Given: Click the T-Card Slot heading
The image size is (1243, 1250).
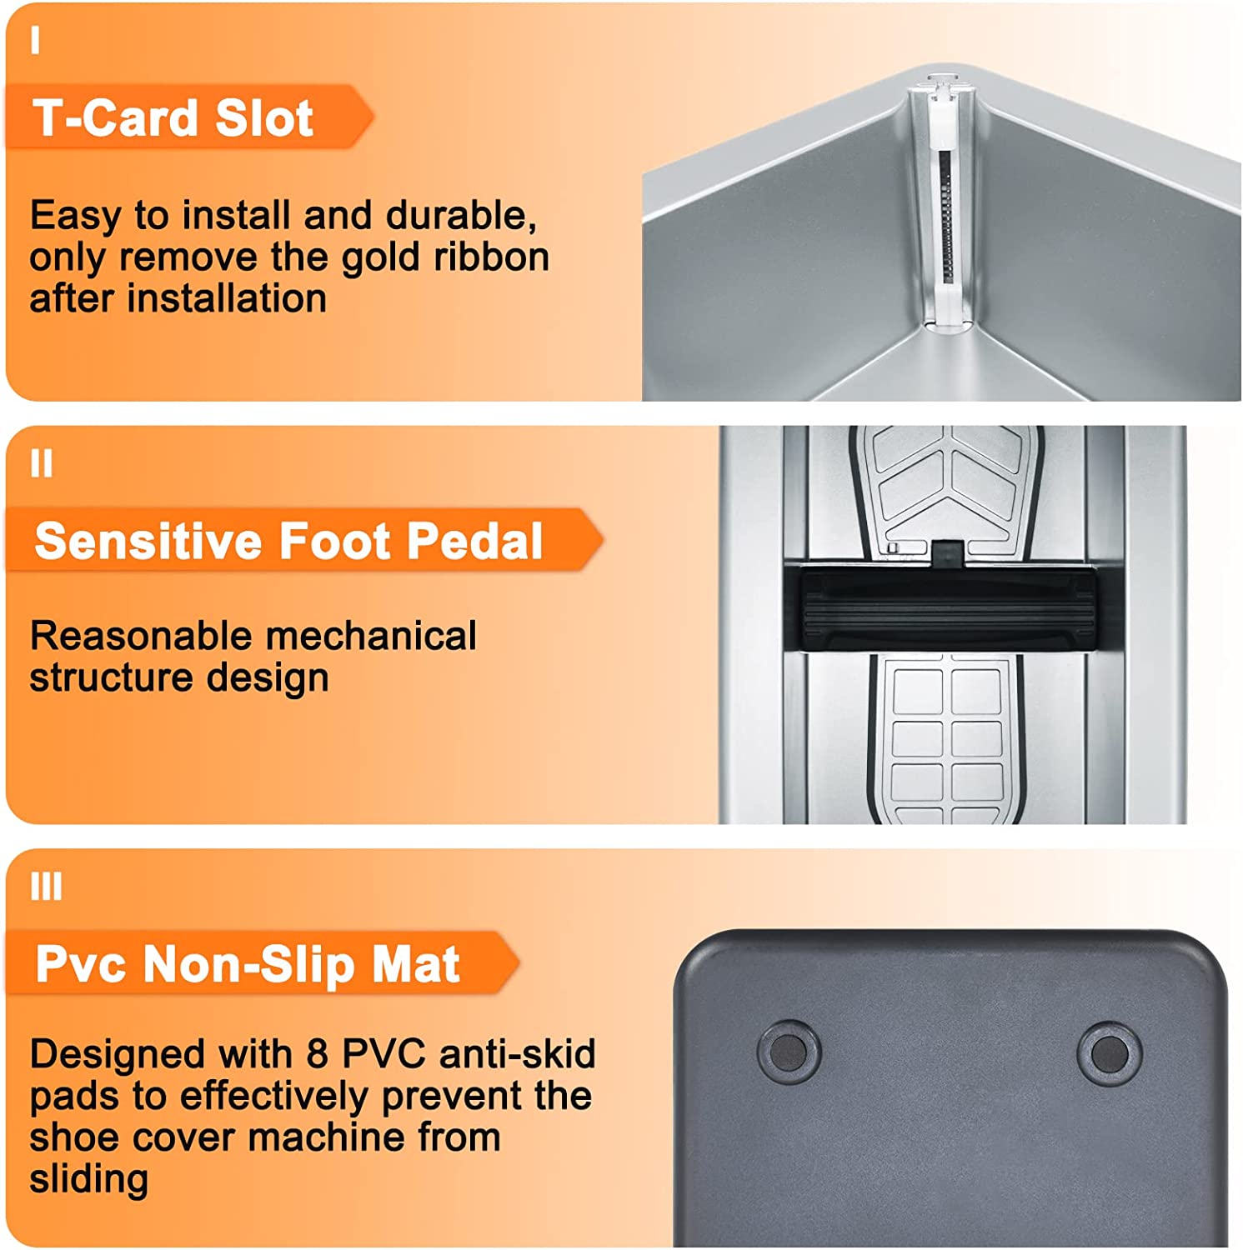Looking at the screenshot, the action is coord(173,117).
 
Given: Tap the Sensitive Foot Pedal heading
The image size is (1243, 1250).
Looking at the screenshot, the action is coord(288,541).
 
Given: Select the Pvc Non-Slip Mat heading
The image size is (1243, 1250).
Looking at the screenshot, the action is coord(248,964).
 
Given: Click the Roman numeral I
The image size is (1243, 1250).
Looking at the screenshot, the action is coord(35,40).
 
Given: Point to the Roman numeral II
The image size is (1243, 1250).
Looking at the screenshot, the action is coord(42,463).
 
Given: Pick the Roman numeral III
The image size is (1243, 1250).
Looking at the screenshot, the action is coord(47,887).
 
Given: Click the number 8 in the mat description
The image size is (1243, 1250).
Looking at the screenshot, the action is coord(317,1054).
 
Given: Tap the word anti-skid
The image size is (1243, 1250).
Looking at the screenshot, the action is coord(518,1054).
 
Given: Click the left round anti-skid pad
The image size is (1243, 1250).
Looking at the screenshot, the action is coord(789,1052).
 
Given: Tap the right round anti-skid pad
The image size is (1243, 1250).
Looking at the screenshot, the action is coord(1110,1053).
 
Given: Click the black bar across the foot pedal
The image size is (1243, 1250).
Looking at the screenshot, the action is coord(949,607).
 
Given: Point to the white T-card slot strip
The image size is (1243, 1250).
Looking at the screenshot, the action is coord(944,204).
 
